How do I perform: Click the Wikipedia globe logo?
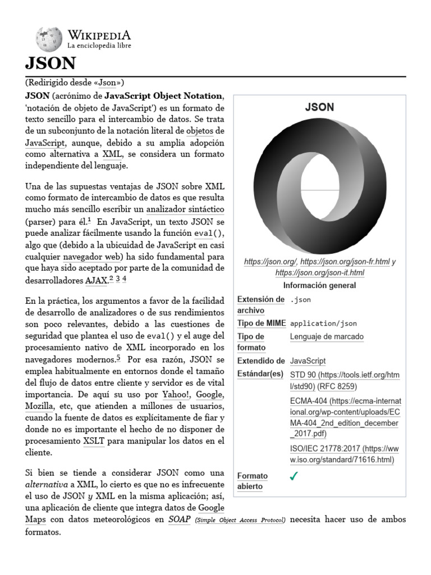point(49,39)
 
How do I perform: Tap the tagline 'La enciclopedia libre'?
point(99,45)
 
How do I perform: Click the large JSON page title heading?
point(51,63)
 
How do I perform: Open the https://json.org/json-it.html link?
point(319,272)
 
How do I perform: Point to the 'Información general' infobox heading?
point(319,285)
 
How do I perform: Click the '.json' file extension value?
point(300,300)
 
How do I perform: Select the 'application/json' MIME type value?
point(323,323)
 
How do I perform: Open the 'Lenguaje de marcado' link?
point(327,336)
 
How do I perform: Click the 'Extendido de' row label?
point(261,360)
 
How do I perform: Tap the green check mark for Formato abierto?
point(294,476)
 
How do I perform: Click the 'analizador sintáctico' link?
point(185,209)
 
